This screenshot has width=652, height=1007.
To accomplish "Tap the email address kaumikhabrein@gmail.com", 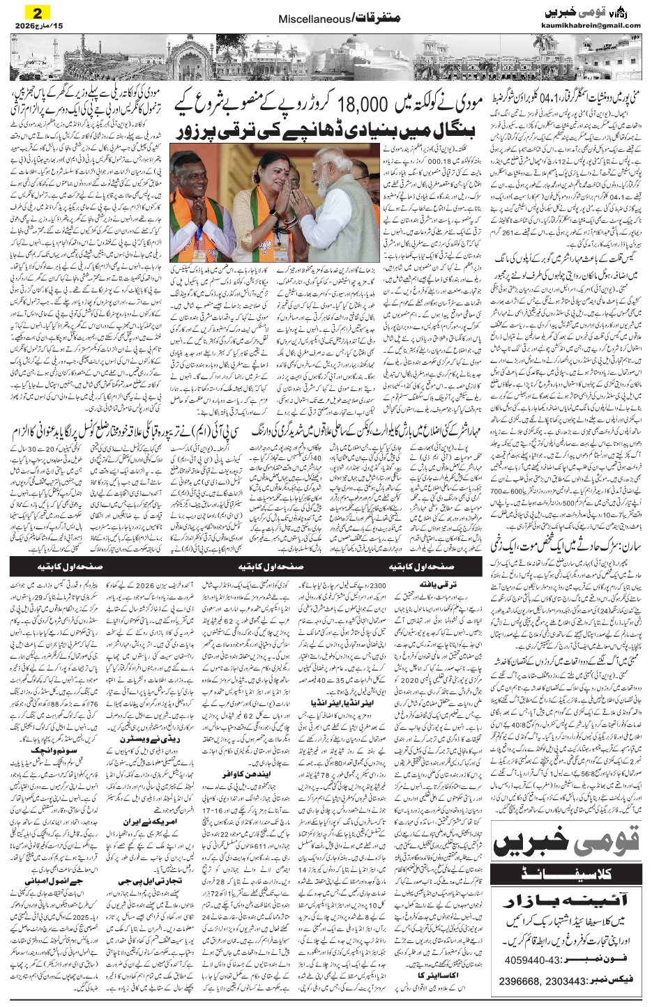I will point(590,26).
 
